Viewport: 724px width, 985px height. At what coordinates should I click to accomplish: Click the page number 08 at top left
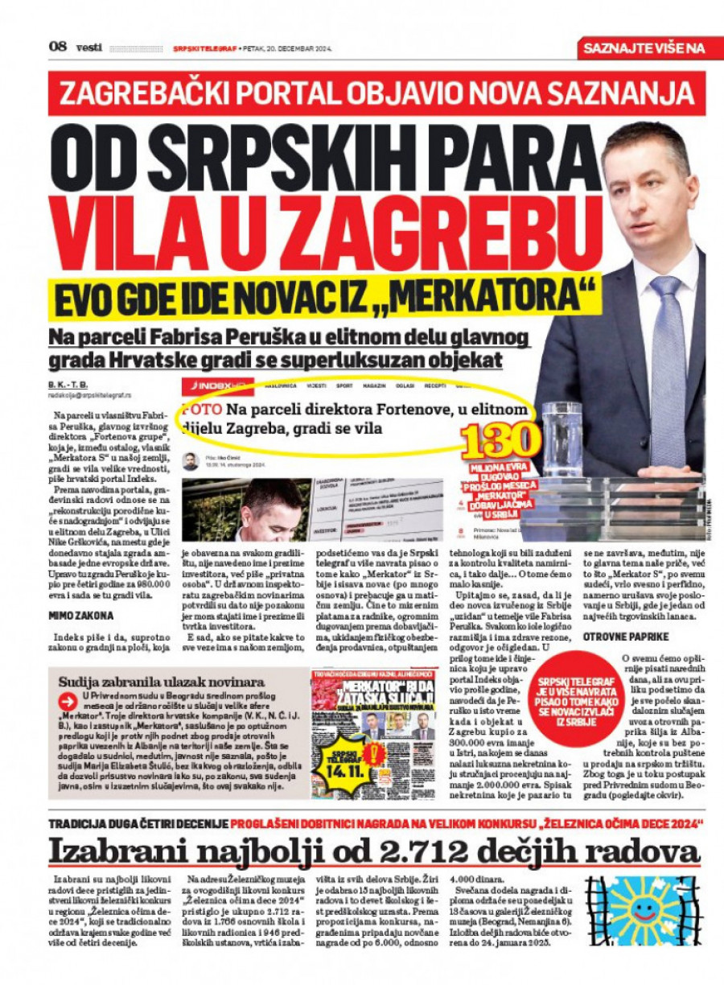pyautogui.click(x=57, y=47)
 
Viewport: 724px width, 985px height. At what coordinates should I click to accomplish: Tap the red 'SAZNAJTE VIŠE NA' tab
pyautogui.click(x=644, y=48)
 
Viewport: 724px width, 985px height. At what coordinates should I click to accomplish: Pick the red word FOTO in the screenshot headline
pyautogui.click(x=197, y=410)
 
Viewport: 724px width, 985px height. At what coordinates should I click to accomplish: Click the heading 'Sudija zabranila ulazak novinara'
pyautogui.click(x=156, y=682)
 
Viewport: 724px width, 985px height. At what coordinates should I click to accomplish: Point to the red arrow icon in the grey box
pyautogui.click(x=68, y=702)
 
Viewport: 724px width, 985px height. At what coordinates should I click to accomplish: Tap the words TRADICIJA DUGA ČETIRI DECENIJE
pyautogui.click(x=138, y=824)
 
